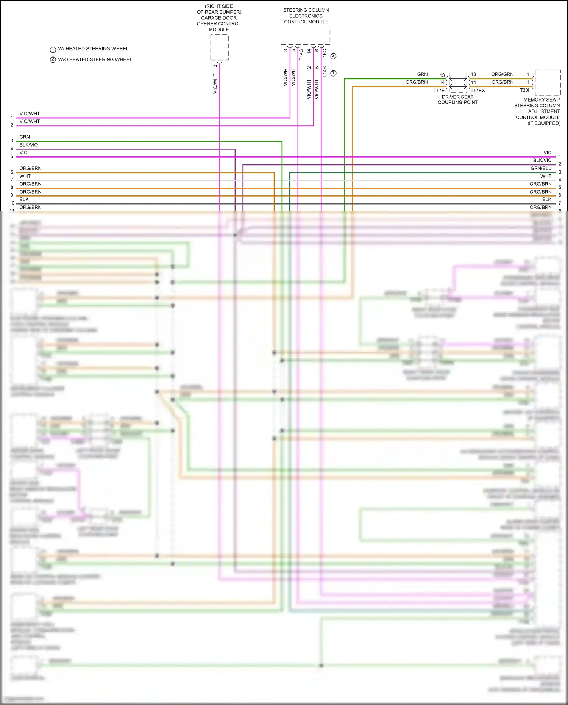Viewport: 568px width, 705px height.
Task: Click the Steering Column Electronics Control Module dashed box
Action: coord(305,36)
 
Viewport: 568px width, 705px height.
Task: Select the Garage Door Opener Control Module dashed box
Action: coord(219,47)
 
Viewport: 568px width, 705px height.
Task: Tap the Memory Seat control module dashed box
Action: coord(548,83)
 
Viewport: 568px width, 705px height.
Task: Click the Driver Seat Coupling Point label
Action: coord(457,100)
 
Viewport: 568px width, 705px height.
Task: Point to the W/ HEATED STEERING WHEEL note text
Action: coord(93,49)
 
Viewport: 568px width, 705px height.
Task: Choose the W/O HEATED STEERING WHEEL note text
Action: coord(95,59)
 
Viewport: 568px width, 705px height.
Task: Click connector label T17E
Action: coord(439,91)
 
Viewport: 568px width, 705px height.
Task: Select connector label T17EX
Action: coord(477,91)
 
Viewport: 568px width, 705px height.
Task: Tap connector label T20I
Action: coord(524,90)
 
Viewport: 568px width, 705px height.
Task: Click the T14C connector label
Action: coord(301,54)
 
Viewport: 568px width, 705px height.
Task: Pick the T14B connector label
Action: coord(325,72)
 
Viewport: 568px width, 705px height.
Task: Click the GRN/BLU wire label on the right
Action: coord(541,168)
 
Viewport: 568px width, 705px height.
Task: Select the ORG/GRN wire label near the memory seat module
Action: coord(502,74)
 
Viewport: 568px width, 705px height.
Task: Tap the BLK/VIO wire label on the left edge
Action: coord(29,145)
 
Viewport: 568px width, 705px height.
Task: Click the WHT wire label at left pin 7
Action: coord(25,176)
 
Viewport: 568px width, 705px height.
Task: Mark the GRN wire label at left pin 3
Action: coord(25,137)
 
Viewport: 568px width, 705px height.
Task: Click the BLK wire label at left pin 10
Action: coord(24,199)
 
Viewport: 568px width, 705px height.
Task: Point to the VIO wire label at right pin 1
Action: coord(547,153)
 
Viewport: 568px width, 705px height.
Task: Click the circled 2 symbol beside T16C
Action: coord(333,56)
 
